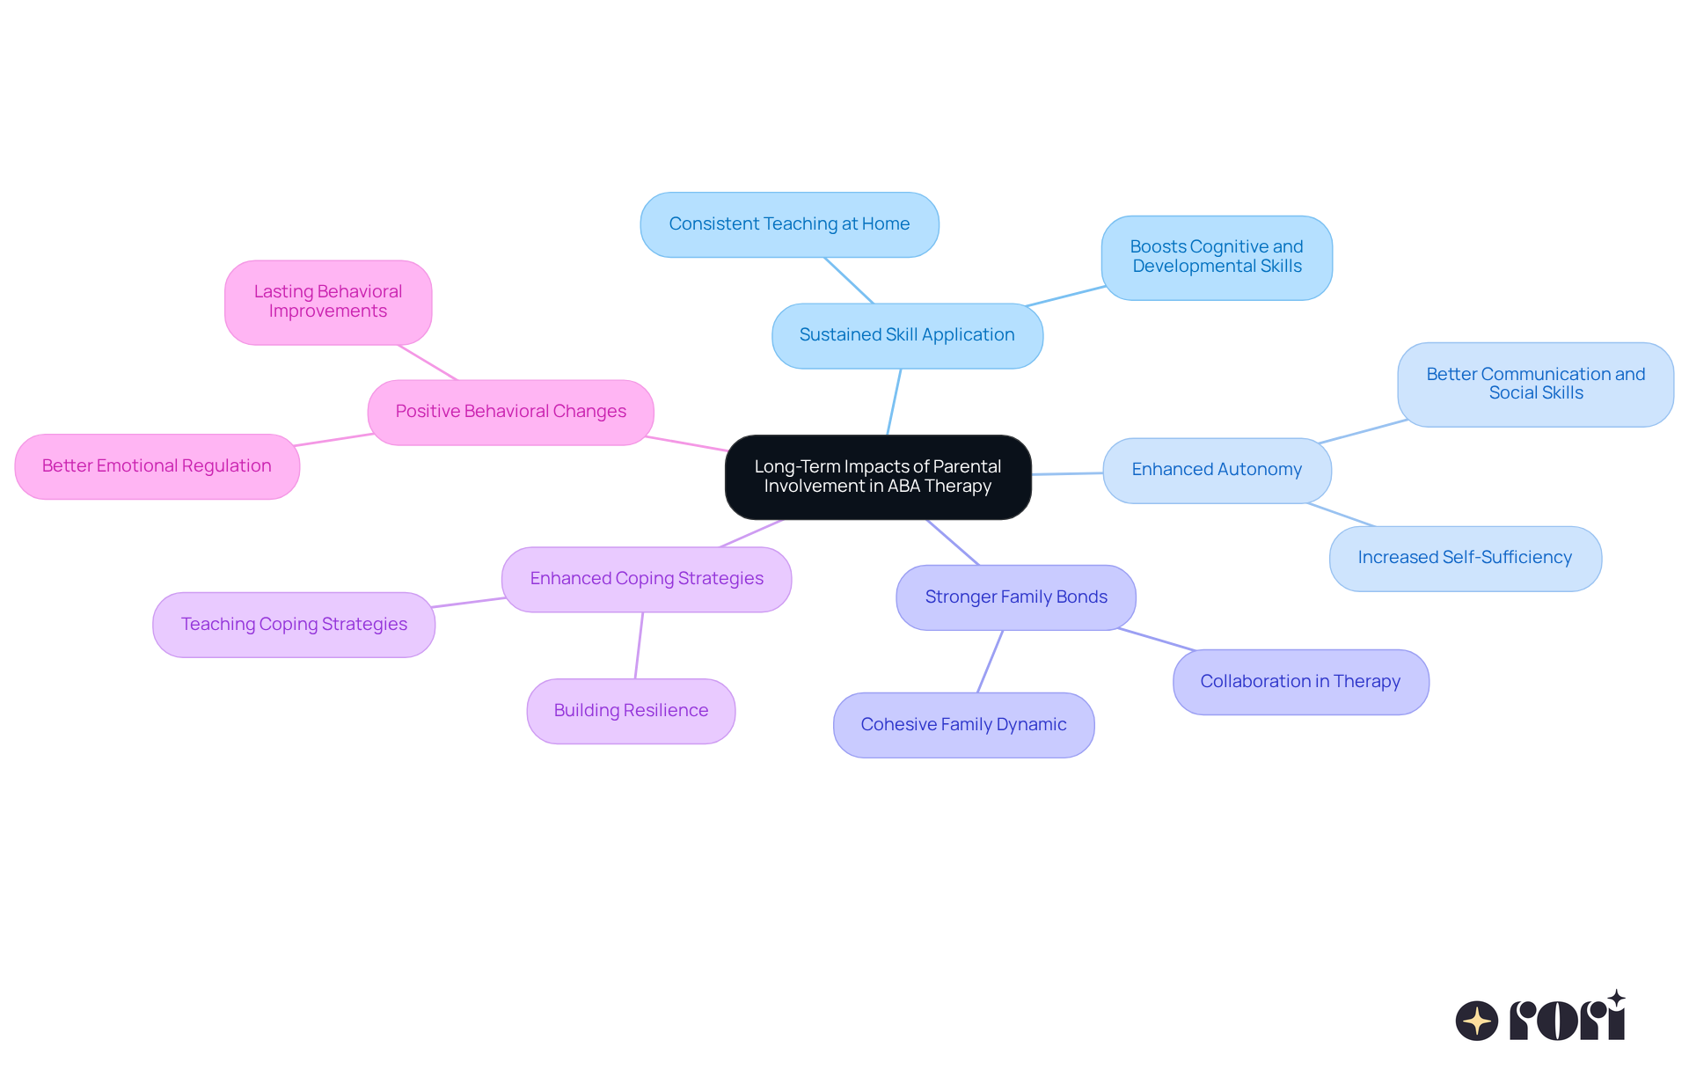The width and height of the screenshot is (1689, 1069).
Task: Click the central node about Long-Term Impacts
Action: tap(878, 477)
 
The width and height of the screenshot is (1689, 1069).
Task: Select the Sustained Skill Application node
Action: tap(907, 335)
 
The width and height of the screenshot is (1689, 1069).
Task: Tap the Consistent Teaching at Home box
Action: tap(789, 224)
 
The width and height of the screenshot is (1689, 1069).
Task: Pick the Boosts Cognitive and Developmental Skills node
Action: tap(1217, 257)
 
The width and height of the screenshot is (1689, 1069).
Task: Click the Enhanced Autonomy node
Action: tap(1217, 470)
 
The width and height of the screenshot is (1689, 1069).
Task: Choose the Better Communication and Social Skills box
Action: tap(1535, 384)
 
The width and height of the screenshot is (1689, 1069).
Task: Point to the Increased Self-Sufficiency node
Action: tap(1465, 558)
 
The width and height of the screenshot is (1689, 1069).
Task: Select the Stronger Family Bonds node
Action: tap(1016, 597)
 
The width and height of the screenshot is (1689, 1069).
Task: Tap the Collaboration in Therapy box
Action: tap(1300, 682)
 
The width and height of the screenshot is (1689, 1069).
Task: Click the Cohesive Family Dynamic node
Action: tap(963, 725)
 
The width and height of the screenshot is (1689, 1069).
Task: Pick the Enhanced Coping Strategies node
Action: tap(647, 579)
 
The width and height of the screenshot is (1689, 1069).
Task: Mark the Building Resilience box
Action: tap(631, 711)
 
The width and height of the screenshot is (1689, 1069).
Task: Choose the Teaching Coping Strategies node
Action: tap(294, 625)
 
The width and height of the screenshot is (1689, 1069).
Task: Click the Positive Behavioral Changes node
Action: tap(510, 412)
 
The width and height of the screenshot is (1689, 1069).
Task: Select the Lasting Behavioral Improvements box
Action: tap(328, 302)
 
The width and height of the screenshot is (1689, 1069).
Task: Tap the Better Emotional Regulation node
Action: tap(157, 466)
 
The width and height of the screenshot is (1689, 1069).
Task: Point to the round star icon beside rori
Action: tap(1476, 1021)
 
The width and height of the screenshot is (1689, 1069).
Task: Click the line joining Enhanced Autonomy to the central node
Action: tap(1067, 473)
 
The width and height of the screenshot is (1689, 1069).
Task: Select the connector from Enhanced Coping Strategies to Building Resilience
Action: tap(639, 645)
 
